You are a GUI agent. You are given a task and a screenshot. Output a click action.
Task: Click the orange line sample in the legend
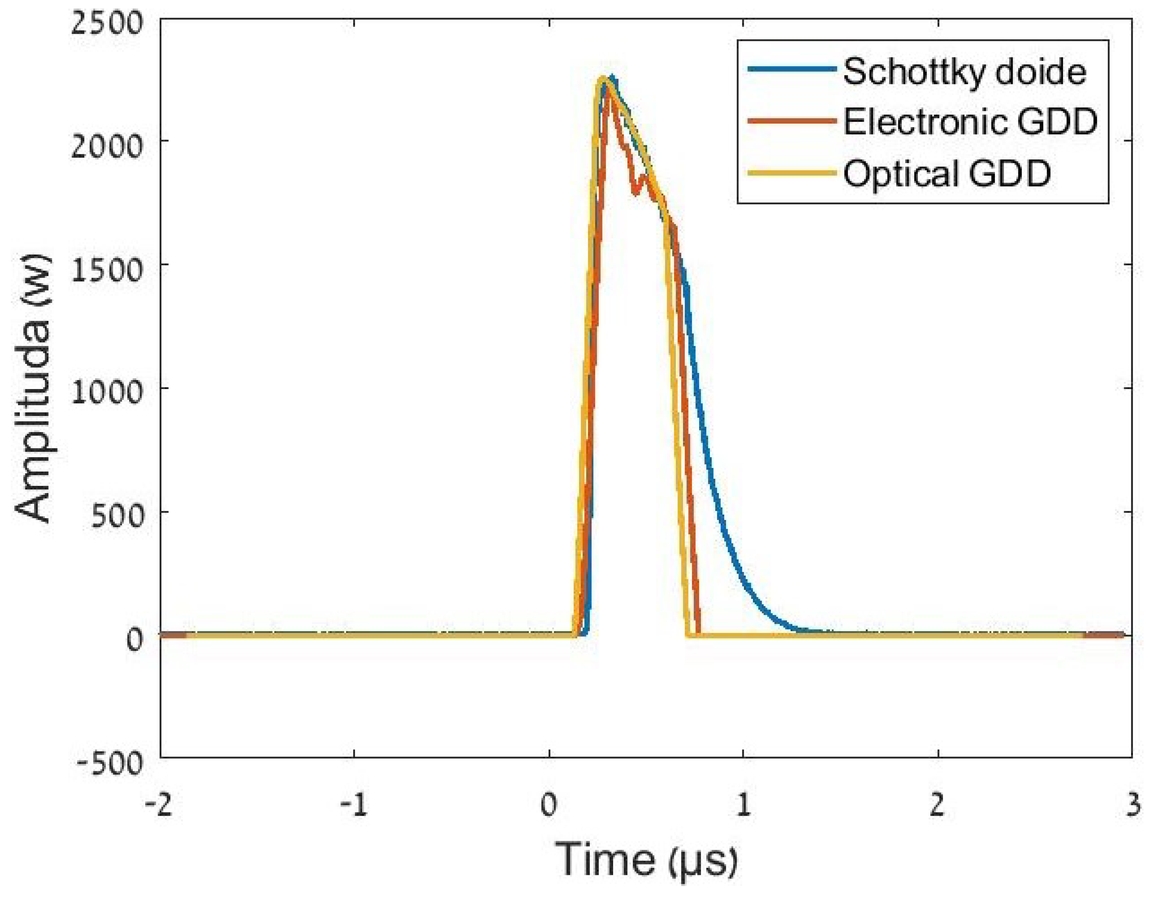(792, 120)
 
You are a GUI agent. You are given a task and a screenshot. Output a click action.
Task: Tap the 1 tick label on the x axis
(743, 805)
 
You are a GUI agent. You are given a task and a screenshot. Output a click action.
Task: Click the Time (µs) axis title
(646, 860)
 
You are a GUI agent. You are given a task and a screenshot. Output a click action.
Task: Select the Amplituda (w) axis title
(33, 389)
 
